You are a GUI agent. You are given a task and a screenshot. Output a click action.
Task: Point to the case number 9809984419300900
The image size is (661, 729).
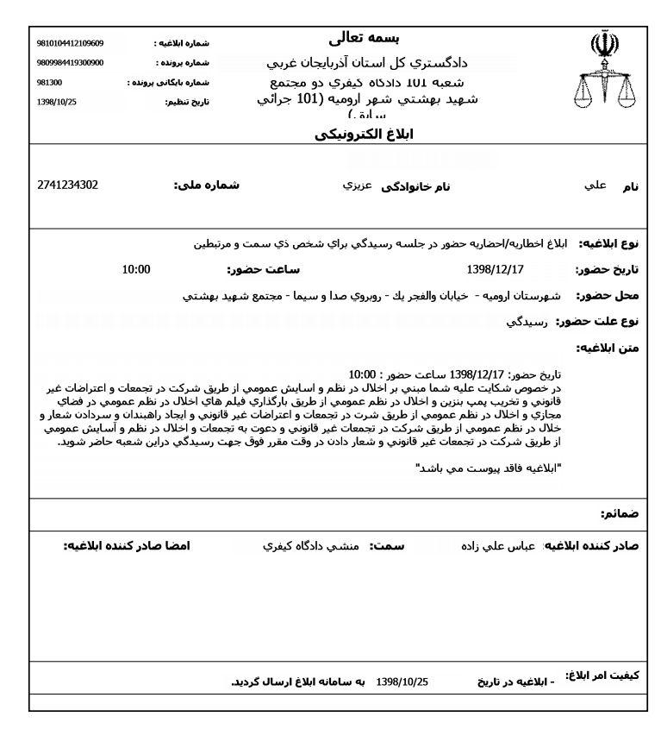tap(71, 63)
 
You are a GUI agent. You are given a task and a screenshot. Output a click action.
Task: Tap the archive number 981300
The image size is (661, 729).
tap(50, 83)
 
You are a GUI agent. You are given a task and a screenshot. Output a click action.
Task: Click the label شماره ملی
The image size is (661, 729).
tap(207, 185)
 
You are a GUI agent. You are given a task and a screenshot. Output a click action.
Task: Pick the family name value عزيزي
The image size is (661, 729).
tap(358, 186)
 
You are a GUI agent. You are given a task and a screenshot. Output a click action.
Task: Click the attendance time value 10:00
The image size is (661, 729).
tap(136, 269)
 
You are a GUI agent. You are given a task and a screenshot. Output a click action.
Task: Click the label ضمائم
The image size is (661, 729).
tap(619, 514)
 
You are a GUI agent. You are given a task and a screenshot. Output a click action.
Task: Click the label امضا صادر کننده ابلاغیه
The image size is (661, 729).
tap(126, 547)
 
